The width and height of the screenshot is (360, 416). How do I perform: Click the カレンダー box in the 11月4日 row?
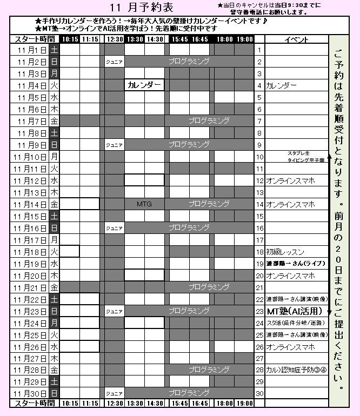pyautogui.click(x=144, y=85)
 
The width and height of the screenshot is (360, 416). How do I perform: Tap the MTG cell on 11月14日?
pyautogui.click(x=144, y=204)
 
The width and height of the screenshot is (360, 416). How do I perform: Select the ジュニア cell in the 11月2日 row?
pyautogui.click(x=114, y=62)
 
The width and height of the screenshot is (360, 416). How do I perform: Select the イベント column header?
pyautogui.click(x=296, y=39)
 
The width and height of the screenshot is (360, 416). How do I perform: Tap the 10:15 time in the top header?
pyautogui.click(x=70, y=39)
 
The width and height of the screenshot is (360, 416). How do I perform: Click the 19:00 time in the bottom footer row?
pyautogui.click(x=244, y=403)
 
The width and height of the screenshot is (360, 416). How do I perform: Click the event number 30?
pyautogui.click(x=259, y=394)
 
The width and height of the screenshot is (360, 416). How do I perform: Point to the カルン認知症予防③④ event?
pyautogui.click(x=297, y=370)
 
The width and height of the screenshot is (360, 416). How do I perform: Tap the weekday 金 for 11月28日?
pyautogui.click(x=54, y=370)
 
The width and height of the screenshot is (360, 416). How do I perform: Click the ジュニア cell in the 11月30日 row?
pyautogui.click(x=114, y=394)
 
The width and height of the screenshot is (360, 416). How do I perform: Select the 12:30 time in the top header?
pyautogui.click(x=115, y=39)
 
